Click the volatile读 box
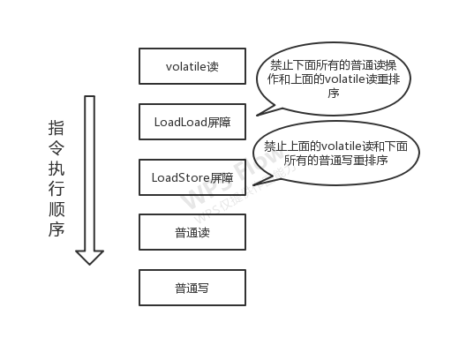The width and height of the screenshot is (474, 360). click(192, 66)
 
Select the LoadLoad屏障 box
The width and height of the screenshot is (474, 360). click(192, 122)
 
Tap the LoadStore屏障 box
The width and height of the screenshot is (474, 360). click(192, 177)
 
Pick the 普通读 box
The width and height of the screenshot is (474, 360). click(192, 232)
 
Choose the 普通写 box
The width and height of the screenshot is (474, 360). click(192, 288)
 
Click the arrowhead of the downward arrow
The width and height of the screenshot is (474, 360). click(89, 257)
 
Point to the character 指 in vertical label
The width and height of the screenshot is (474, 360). click(56, 128)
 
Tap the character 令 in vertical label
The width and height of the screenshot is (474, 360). click(56, 148)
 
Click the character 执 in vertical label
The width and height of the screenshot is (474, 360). click(56, 168)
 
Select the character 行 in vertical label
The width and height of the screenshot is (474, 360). click(56, 188)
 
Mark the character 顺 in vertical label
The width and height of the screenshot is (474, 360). click(56, 208)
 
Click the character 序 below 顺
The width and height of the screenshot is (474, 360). click(56, 229)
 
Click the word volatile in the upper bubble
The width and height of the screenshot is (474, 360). click(344, 79)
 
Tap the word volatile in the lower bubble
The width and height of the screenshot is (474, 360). click(341, 146)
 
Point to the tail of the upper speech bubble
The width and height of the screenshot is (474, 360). click(266, 111)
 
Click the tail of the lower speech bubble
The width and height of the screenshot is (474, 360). click(263, 181)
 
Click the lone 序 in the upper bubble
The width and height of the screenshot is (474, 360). click(334, 94)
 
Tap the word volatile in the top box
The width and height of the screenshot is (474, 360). click(183, 66)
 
